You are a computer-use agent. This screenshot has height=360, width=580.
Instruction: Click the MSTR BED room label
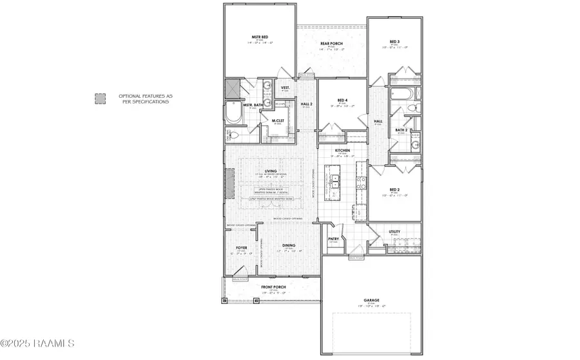click(x=259, y=37)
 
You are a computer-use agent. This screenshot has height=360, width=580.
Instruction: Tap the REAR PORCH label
click(x=332, y=44)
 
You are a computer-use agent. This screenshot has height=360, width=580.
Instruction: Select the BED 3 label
click(x=395, y=41)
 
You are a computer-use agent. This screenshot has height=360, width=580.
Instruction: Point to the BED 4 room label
click(x=343, y=100)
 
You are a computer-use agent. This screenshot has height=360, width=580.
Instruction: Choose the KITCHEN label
click(x=342, y=151)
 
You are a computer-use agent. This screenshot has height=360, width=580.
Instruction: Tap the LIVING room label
click(x=261, y=171)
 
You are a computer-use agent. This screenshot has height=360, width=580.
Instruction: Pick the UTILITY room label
click(x=395, y=231)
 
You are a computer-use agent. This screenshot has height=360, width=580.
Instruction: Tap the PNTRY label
click(x=333, y=238)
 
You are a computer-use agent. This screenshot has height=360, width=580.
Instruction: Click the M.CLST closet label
click(x=278, y=120)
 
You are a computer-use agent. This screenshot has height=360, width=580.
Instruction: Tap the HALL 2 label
click(x=307, y=104)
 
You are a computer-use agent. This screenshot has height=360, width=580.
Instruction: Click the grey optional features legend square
click(x=99, y=99)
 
